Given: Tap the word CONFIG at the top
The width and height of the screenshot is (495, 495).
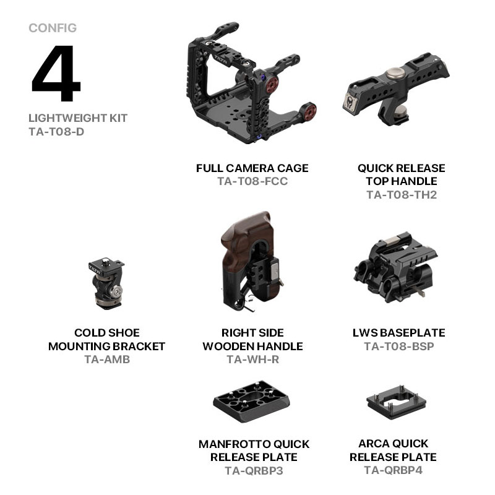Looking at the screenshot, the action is pos(53,28).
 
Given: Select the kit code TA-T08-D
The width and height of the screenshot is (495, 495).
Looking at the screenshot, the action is pos(56,132).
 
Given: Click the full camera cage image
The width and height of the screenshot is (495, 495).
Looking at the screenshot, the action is pos(251,83).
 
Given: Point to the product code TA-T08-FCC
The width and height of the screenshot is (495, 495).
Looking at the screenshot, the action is pos(252,181).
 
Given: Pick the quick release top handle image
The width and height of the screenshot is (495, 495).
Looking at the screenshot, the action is pos(396,89).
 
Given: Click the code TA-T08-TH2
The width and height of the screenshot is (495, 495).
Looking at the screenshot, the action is pos(402,195).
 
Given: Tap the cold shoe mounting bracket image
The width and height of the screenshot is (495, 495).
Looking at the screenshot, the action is pos(106,283).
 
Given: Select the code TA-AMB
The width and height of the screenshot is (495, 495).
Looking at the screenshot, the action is pos(107,359).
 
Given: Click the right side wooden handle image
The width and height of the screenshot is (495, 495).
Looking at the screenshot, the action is pos(251,261).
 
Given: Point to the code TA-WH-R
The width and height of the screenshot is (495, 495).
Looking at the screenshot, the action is pos(253,359).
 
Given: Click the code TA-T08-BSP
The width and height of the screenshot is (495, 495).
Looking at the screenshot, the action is pos(399,346).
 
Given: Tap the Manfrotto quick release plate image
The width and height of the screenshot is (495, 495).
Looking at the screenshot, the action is pos(251,402).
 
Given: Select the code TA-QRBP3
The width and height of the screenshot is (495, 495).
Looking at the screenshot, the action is pos(254,471).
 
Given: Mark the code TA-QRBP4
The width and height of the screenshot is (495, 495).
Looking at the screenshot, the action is pos(394,470).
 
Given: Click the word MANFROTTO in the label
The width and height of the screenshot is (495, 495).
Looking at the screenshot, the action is pos(230,444).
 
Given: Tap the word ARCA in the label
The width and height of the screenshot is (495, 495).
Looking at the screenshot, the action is pos(372,444).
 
